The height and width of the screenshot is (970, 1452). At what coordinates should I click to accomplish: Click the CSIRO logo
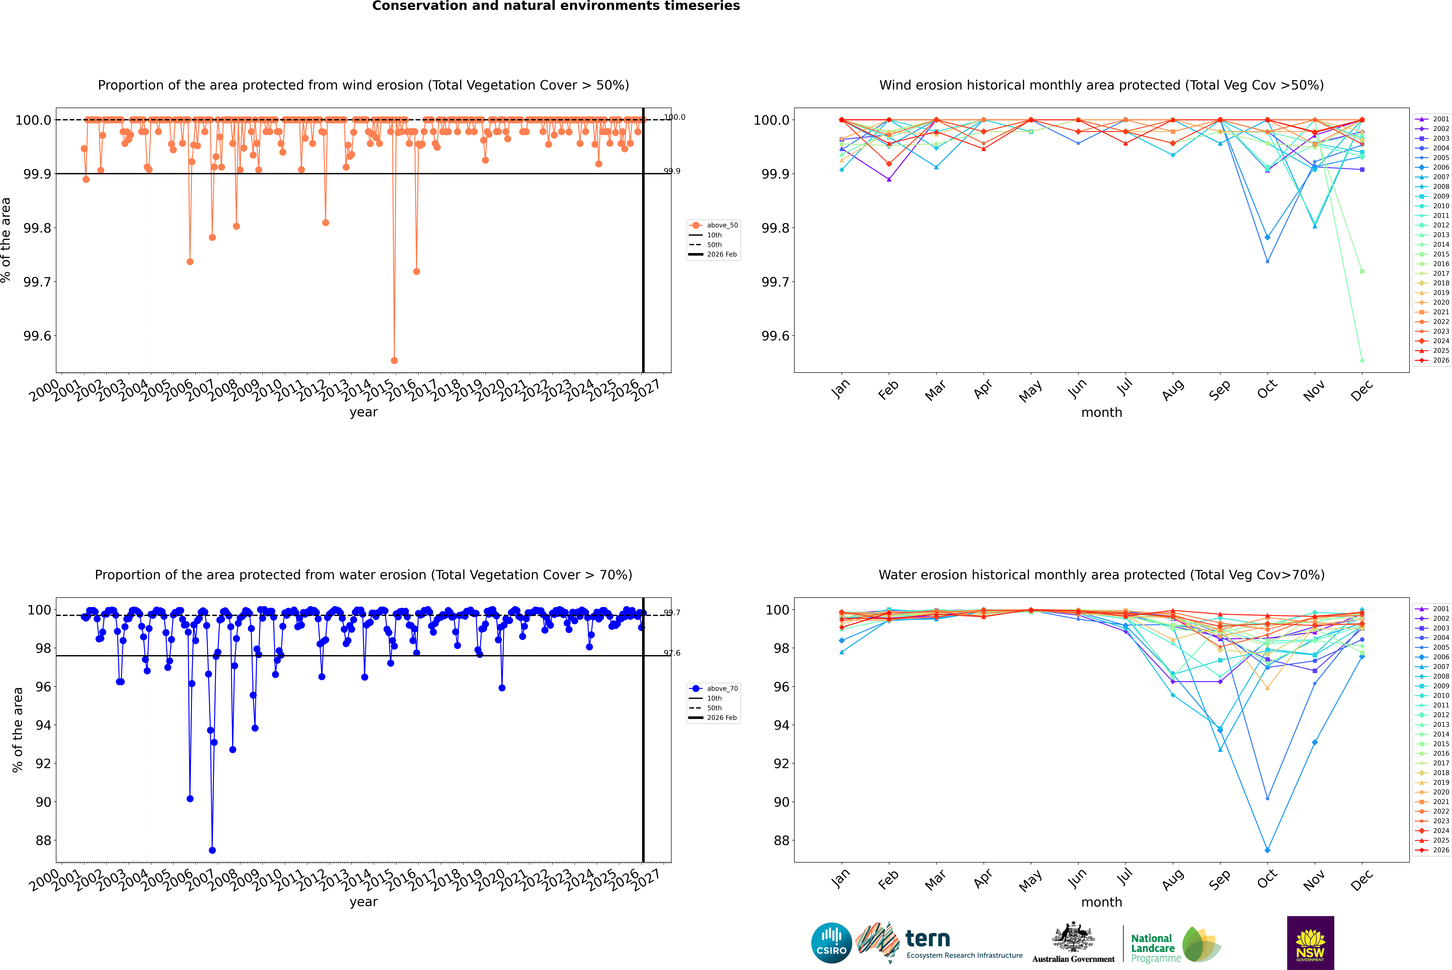[x=831, y=943]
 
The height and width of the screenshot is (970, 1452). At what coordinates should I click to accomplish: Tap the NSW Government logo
[x=1310, y=943]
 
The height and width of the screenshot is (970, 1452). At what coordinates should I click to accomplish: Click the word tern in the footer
[x=927, y=939]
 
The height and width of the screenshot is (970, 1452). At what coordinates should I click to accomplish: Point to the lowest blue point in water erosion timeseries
[x=212, y=850]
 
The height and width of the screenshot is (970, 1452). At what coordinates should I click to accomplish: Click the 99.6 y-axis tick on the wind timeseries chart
[x=37, y=336]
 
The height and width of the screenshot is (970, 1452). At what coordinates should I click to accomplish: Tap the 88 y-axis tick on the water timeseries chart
[x=43, y=840]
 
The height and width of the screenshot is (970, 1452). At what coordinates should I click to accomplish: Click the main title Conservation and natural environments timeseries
[x=556, y=6]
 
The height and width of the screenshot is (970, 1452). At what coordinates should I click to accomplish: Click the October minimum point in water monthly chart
[x=1267, y=850]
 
